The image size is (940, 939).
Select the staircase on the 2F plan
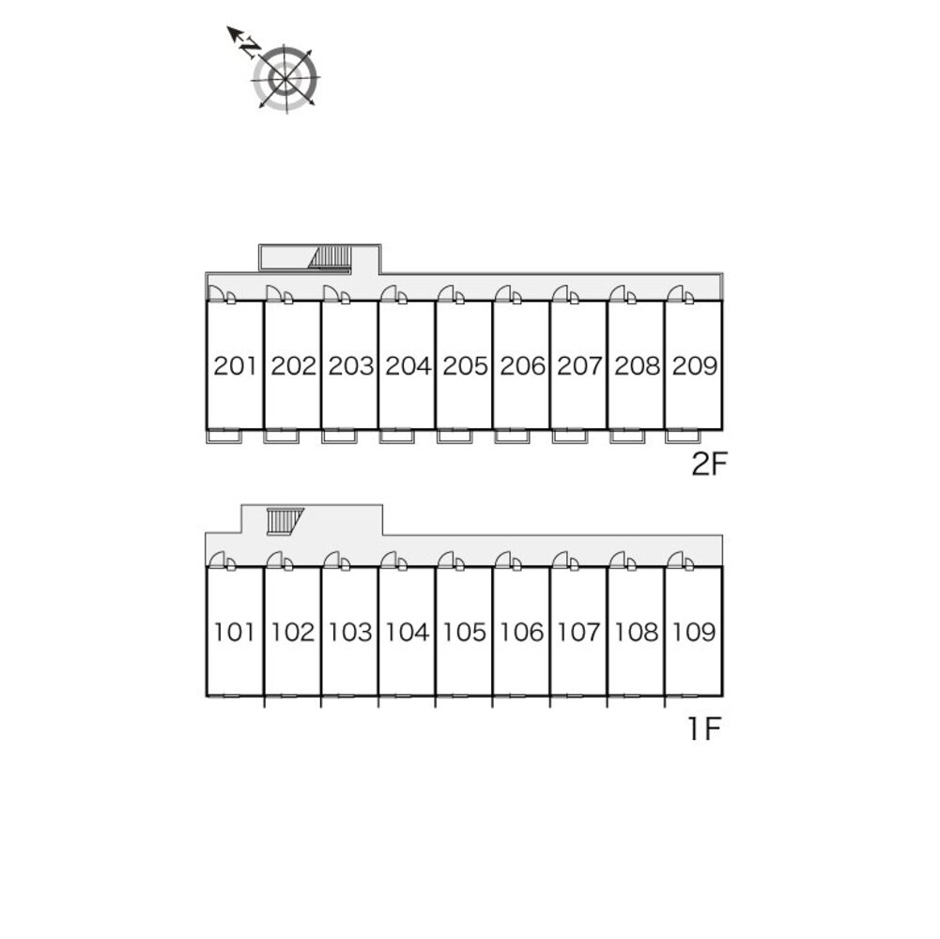pos(331,257)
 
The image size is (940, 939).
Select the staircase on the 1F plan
pos(281,520)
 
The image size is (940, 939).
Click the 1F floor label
pos(702,730)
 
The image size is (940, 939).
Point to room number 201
pos(235,366)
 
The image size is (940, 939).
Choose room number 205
pos(465,366)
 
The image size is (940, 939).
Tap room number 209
pos(695,366)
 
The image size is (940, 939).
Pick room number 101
pos(235,632)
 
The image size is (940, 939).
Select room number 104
pos(408,632)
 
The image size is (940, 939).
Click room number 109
pos(695,632)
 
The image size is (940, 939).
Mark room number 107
pos(579,632)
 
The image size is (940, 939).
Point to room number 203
pos(350,366)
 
